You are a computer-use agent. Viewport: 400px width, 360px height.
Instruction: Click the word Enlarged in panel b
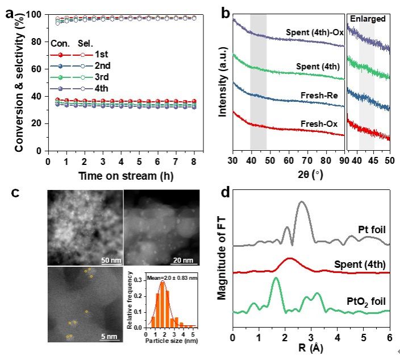point(368,19)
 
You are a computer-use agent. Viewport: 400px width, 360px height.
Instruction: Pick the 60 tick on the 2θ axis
point(289,160)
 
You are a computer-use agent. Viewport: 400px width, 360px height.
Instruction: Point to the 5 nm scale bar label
point(110,336)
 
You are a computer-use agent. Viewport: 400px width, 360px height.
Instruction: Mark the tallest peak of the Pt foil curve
point(302,202)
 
